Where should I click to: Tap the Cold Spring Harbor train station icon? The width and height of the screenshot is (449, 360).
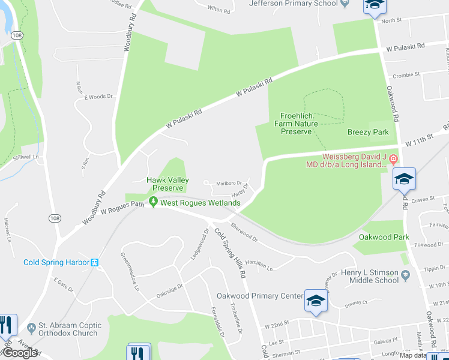click(x=94, y=262)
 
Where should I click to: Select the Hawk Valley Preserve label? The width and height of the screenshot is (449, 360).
click(x=168, y=184)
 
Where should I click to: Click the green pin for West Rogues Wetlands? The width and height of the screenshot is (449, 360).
click(x=154, y=203)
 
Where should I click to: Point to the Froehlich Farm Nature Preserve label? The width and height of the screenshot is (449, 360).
click(x=297, y=124)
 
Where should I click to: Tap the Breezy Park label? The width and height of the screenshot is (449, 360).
click(x=368, y=132)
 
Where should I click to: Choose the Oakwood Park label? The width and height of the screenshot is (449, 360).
click(x=384, y=237)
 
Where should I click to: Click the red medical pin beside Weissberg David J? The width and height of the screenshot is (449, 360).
click(x=393, y=160)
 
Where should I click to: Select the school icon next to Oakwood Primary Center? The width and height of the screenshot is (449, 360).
click(x=316, y=301)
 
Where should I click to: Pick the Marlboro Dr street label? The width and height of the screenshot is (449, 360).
click(x=228, y=183)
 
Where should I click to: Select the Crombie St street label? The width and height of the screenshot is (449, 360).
click(x=406, y=76)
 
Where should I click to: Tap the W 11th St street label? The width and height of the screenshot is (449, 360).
click(x=419, y=143)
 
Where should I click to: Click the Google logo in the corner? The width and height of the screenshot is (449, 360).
click(x=19, y=353)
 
